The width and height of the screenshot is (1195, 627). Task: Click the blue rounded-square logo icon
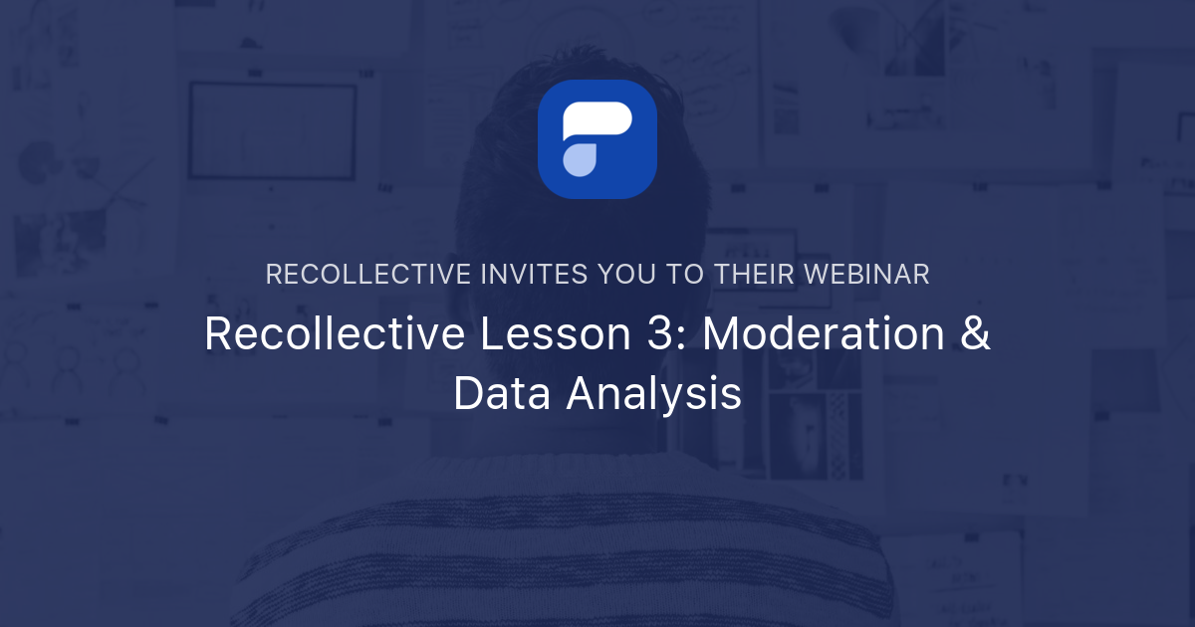597,139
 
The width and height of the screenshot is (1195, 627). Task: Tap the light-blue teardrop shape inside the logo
580,159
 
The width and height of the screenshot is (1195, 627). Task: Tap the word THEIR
755,275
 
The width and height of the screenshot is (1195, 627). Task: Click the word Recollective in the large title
334,334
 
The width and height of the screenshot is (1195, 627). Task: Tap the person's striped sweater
597,557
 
